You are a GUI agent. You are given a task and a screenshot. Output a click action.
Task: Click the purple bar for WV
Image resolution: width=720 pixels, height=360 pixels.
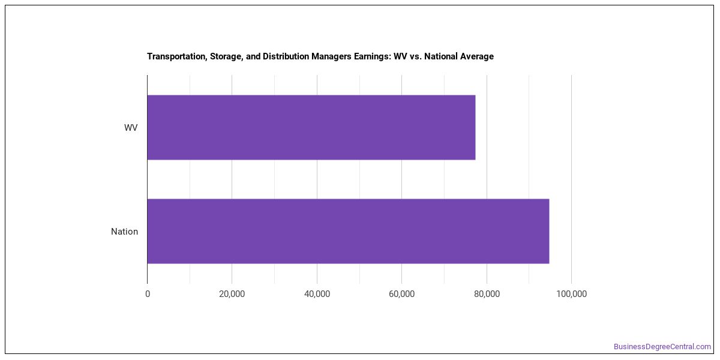click(311, 127)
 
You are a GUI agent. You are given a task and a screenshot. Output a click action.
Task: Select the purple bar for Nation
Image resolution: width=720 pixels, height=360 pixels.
click(348, 232)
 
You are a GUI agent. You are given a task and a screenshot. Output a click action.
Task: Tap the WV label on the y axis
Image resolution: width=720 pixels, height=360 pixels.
click(131, 128)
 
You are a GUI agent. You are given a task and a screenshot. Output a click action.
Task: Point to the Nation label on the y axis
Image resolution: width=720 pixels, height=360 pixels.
click(124, 232)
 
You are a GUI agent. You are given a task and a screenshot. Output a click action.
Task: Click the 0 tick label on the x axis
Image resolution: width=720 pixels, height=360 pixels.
click(148, 294)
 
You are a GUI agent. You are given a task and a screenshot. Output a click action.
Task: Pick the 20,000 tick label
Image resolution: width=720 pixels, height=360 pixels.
click(232, 294)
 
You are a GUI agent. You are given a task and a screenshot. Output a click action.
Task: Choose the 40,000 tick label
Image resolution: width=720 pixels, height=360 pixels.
click(317, 294)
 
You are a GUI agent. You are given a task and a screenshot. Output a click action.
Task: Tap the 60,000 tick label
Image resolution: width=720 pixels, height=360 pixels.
click(401, 294)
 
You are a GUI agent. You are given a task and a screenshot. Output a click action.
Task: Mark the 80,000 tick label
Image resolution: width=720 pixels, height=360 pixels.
click(487, 294)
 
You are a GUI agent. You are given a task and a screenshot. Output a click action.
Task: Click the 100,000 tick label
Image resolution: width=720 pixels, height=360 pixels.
click(571, 294)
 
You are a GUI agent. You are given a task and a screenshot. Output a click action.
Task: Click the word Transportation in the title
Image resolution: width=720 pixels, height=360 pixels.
click(177, 56)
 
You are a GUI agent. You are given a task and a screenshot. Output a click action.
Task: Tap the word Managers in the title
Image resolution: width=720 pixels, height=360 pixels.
click(332, 56)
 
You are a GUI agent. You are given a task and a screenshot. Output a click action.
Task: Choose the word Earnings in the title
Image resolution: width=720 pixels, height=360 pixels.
click(372, 56)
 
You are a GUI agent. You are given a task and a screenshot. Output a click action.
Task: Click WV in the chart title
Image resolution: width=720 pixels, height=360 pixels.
click(401, 56)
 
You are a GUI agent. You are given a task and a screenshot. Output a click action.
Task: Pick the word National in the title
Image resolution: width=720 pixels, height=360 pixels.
click(440, 56)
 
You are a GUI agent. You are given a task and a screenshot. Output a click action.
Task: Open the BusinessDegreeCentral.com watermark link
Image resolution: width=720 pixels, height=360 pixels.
click(662, 347)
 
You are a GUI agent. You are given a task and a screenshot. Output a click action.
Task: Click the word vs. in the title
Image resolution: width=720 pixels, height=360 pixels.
click(416, 57)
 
